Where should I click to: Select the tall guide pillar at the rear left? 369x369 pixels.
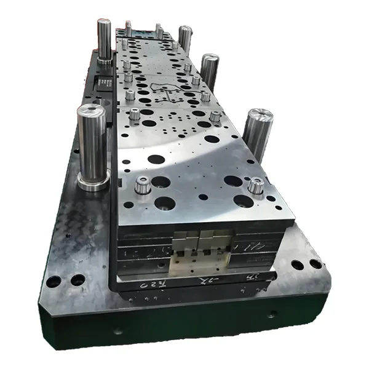(x=104, y=40)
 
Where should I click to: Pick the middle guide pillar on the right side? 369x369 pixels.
(x=209, y=71)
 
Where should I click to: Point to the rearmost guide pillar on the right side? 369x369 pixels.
(x=185, y=39)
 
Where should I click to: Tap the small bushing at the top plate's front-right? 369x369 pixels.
(x=255, y=185)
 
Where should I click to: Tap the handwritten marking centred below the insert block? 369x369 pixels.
(x=200, y=281)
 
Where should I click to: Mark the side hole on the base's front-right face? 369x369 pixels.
(x=271, y=315)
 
